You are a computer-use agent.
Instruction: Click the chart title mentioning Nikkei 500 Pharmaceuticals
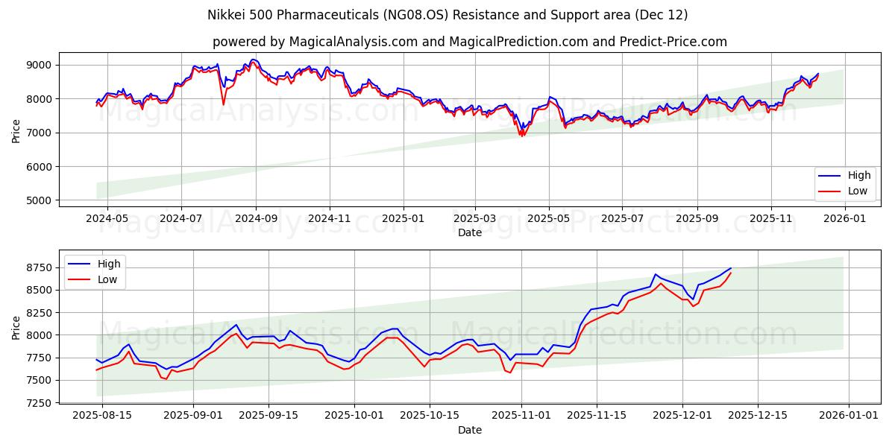pos(447,15)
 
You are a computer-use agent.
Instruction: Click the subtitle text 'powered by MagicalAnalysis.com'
pos(314,42)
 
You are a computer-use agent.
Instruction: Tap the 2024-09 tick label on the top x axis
pos(256,219)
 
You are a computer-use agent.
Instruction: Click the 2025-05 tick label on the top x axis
pos(549,219)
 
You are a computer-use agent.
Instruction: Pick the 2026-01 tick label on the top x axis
pos(844,219)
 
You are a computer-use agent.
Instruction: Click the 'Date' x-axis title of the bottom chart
pos(470,430)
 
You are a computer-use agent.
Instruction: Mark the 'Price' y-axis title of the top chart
pos(16,130)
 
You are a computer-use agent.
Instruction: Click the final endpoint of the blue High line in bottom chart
pos(731,268)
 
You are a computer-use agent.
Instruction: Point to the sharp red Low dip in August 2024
pos(223,104)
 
